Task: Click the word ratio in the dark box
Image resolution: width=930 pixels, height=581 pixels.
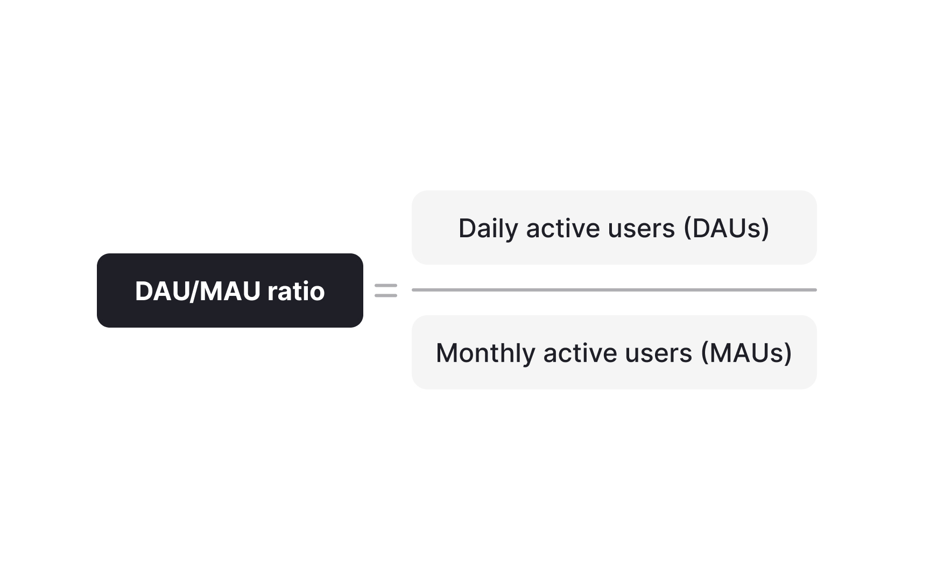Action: tap(296, 291)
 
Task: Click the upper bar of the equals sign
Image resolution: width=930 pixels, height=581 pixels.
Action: tap(386, 286)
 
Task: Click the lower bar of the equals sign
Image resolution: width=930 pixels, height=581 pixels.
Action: tap(386, 295)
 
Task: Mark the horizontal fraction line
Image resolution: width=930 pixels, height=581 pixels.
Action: tap(614, 290)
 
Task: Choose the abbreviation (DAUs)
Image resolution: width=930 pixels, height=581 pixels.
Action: tap(727, 229)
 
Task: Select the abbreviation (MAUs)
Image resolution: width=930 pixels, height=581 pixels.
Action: tap(746, 353)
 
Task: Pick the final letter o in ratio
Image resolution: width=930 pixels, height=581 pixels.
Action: tap(317, 294)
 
